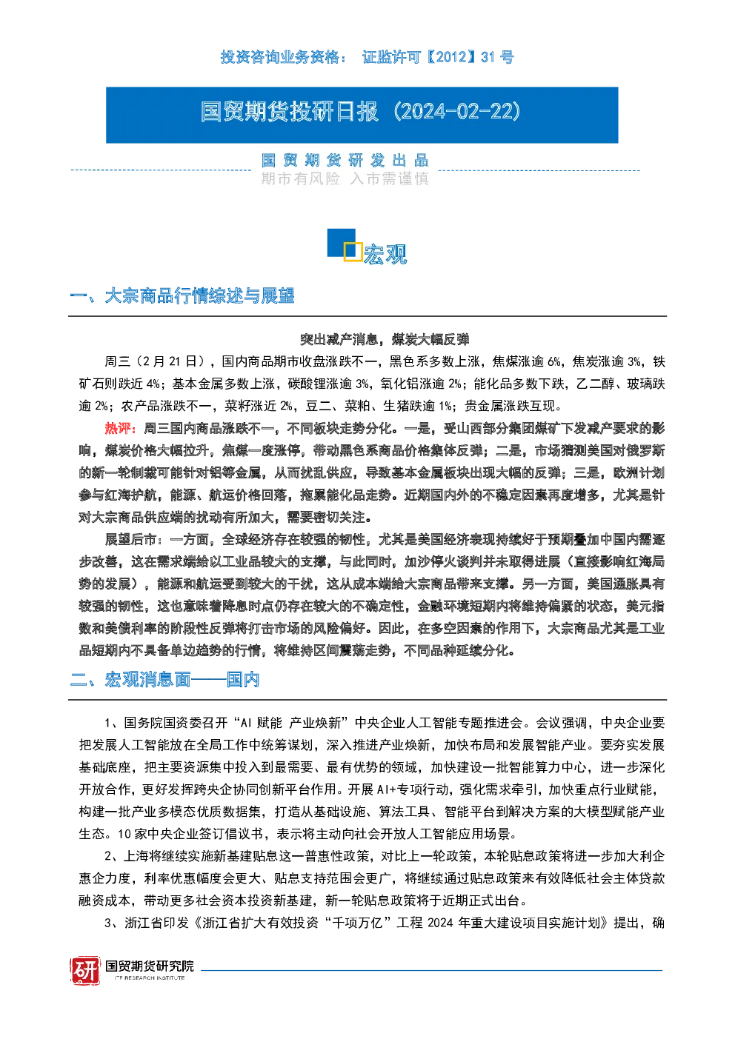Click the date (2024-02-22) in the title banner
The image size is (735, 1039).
point(456,112)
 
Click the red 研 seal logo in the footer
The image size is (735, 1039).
point(85,970)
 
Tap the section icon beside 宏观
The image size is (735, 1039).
point(345,244)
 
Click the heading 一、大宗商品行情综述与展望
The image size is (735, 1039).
point(182,296)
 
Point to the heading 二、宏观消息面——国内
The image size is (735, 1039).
point(164,680)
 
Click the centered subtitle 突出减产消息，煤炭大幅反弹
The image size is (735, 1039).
point(385,339)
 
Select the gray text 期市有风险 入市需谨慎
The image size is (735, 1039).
point(345,178)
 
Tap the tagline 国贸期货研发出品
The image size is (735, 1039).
point(345,161)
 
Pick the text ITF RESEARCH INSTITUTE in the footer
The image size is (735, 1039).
point(150,978)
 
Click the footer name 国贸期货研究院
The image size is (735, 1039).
point(150,966)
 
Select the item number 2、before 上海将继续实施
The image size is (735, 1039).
point(113,856)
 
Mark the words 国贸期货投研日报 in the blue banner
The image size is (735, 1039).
point(290,112)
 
